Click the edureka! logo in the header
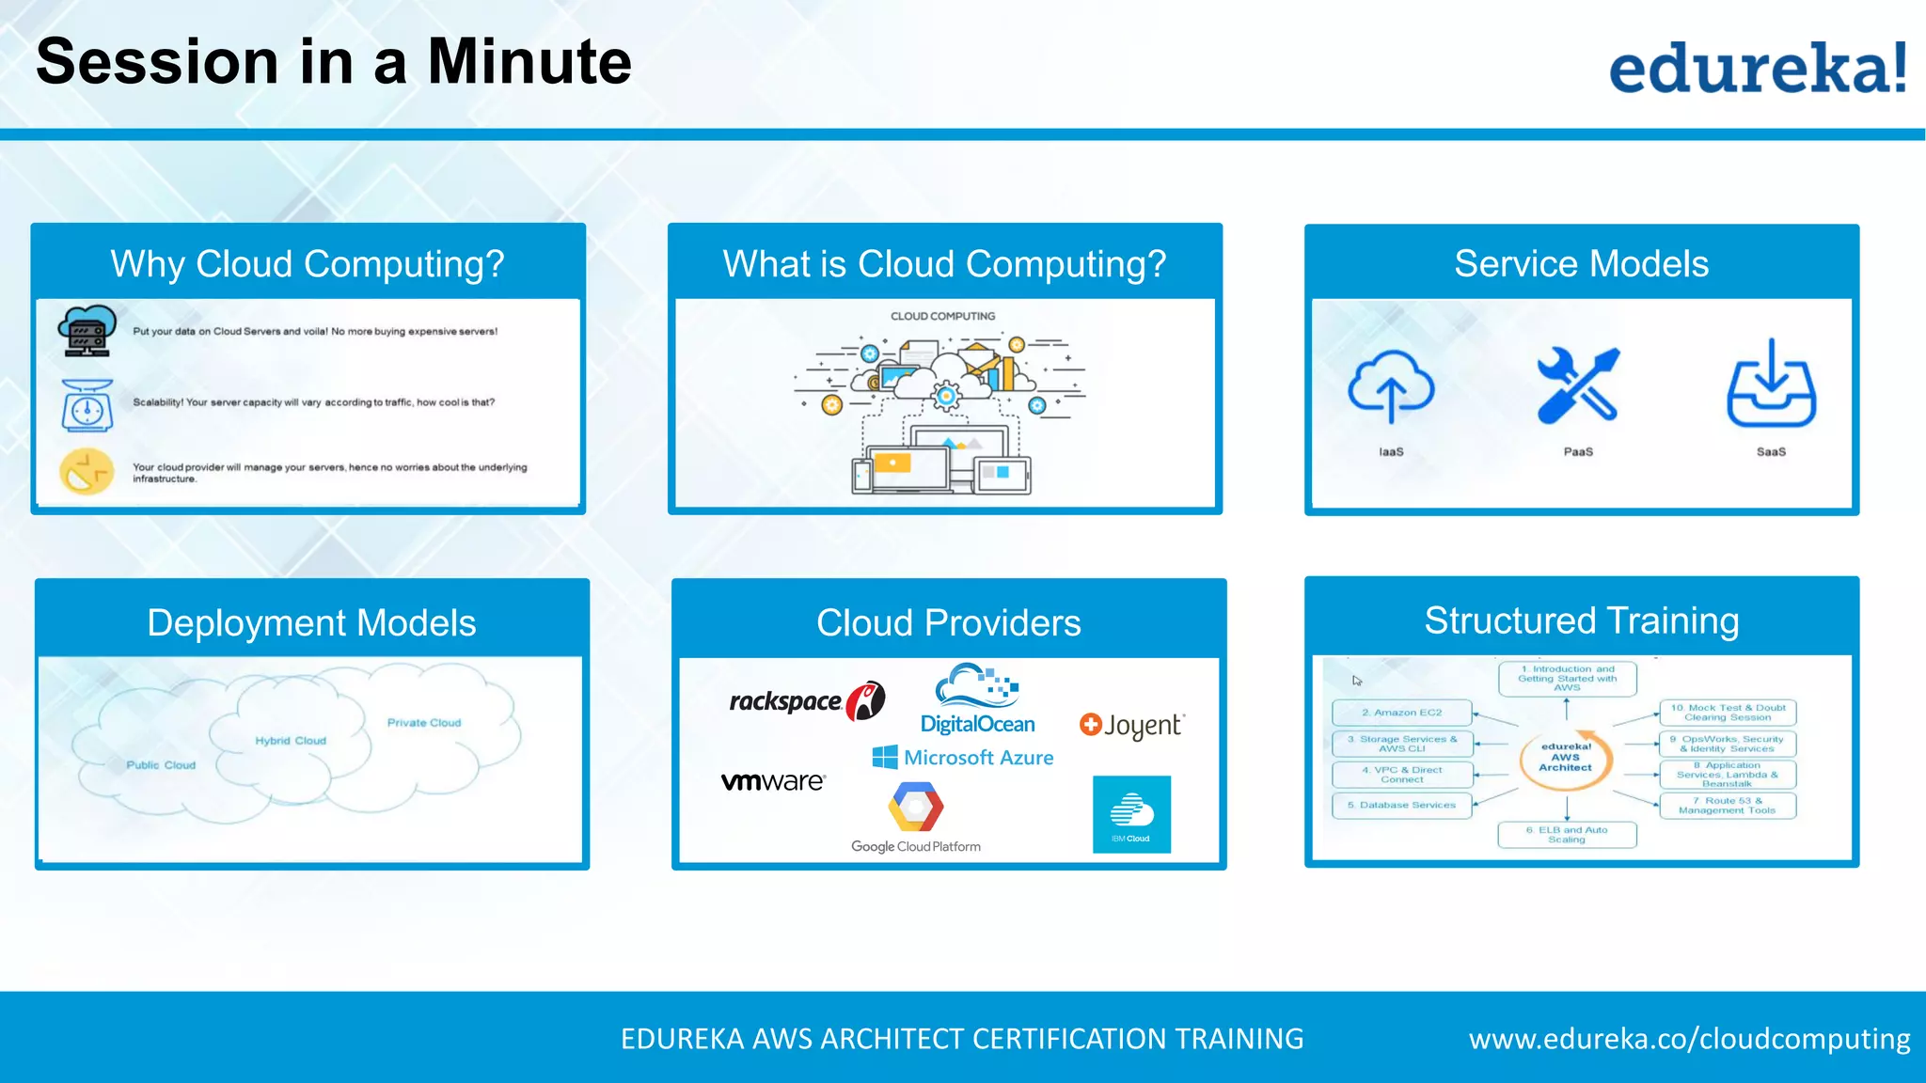pyautogui.click(x=1757, y=68)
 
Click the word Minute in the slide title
pyautogui.click(x=529, y=62)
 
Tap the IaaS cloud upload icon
pyautogui.click(x=1391, y=386)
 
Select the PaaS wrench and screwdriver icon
pyautogui.click(x=1578, y=385)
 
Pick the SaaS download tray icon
pyautogui.click(x=1771, y=385)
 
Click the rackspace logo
pyautogui.click(x=806, y=701)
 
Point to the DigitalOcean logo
pyautogui.click(x=977, y=699)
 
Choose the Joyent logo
pyautogui.click(x=1132, y=725)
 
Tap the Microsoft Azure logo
pyautogui.click(x=963, y=758)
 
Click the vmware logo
pyautogui.click(x=773, y=781)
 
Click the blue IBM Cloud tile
pyautogui.click(x=1131, y=814)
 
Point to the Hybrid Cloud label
pyautogui.click(x=291, y=741)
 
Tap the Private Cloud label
pyautogui.click(x=424, y=723)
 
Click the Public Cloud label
pyautogui.click(x=161, y=765)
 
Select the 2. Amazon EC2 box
pyautogui.click(x=1401, y=713)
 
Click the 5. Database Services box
pyautogui.click(x=1401, y=806)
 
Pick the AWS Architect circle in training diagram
pyautogui.click(x=1566, y=758)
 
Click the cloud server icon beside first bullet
pyautogui.click(x=87, y=331)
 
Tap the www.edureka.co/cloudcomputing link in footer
pyautogui.click(x=1689, y=1039)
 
